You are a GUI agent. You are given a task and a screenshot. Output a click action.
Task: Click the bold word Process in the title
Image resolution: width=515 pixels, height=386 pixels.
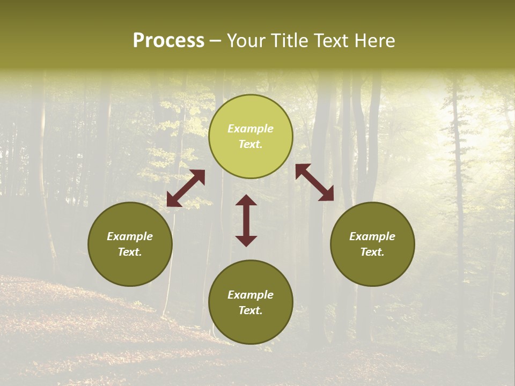tap(168, 41)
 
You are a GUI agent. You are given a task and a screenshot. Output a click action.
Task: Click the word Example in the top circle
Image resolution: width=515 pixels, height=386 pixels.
tap(251, 129)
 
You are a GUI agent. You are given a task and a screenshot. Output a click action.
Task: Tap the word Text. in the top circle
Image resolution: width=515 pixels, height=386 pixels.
tap(251, 144)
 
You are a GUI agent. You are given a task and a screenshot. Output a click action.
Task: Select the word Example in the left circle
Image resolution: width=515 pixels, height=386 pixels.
tap(130, 236)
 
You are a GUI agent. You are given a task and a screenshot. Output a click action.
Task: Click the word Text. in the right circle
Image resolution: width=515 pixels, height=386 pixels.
tap(372, 252)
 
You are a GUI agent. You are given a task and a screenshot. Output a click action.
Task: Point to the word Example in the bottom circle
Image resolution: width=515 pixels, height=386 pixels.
tap(251, 295)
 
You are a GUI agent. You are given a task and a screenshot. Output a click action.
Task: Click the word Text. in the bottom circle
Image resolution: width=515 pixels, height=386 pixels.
tap(251, 310)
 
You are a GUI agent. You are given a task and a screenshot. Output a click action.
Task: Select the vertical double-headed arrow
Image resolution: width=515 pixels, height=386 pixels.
tap(246, 220)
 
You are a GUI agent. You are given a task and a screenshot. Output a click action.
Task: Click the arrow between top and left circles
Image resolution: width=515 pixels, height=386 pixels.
tap(186, 188)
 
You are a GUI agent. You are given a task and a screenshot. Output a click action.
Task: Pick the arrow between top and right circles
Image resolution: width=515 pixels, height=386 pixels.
tap(314, 182)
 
